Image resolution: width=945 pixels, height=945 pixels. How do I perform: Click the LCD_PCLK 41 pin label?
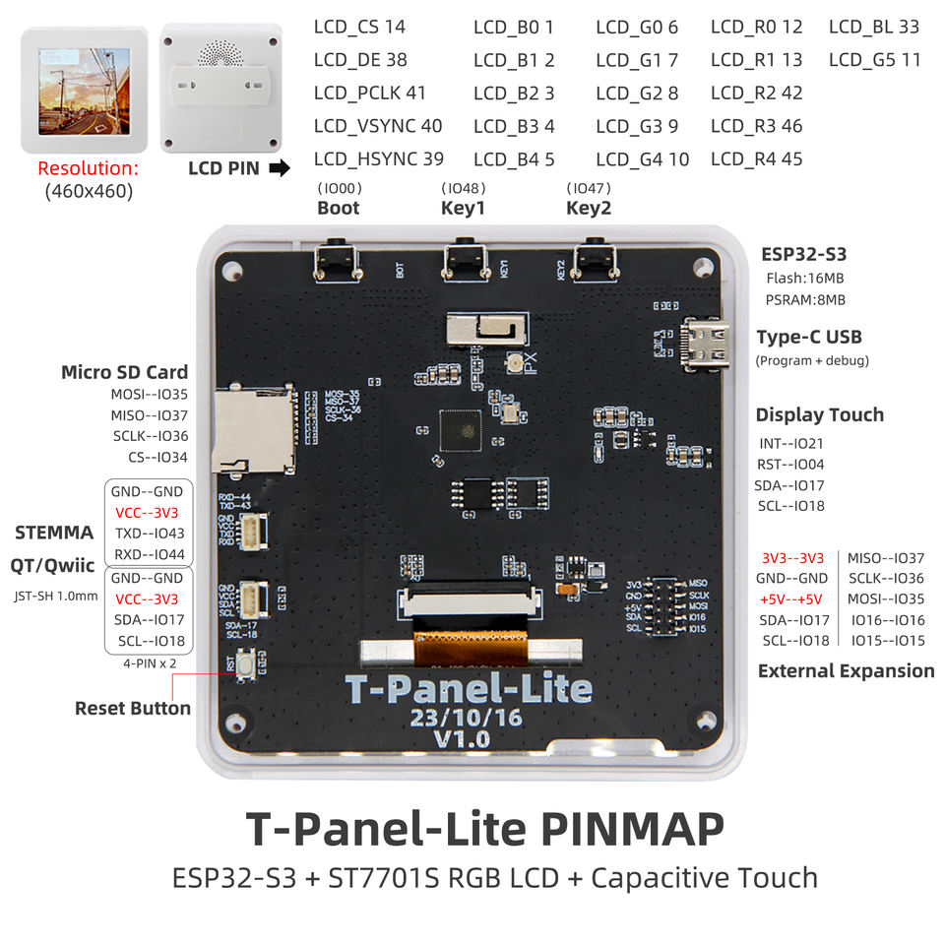pos(369,94)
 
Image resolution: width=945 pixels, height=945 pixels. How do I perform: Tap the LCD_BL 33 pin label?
pos(873,28)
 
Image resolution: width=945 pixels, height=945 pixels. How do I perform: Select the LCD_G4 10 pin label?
pos(642,159)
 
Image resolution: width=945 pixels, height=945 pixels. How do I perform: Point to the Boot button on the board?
pos(337,261)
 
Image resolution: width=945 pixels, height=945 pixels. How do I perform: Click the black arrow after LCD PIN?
pos(280,168)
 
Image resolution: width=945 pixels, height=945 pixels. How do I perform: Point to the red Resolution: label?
pos(88,168)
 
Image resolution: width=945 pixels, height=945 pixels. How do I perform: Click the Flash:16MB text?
pos(803,279)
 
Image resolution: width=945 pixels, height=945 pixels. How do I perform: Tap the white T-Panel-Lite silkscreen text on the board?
pos(469,689)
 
